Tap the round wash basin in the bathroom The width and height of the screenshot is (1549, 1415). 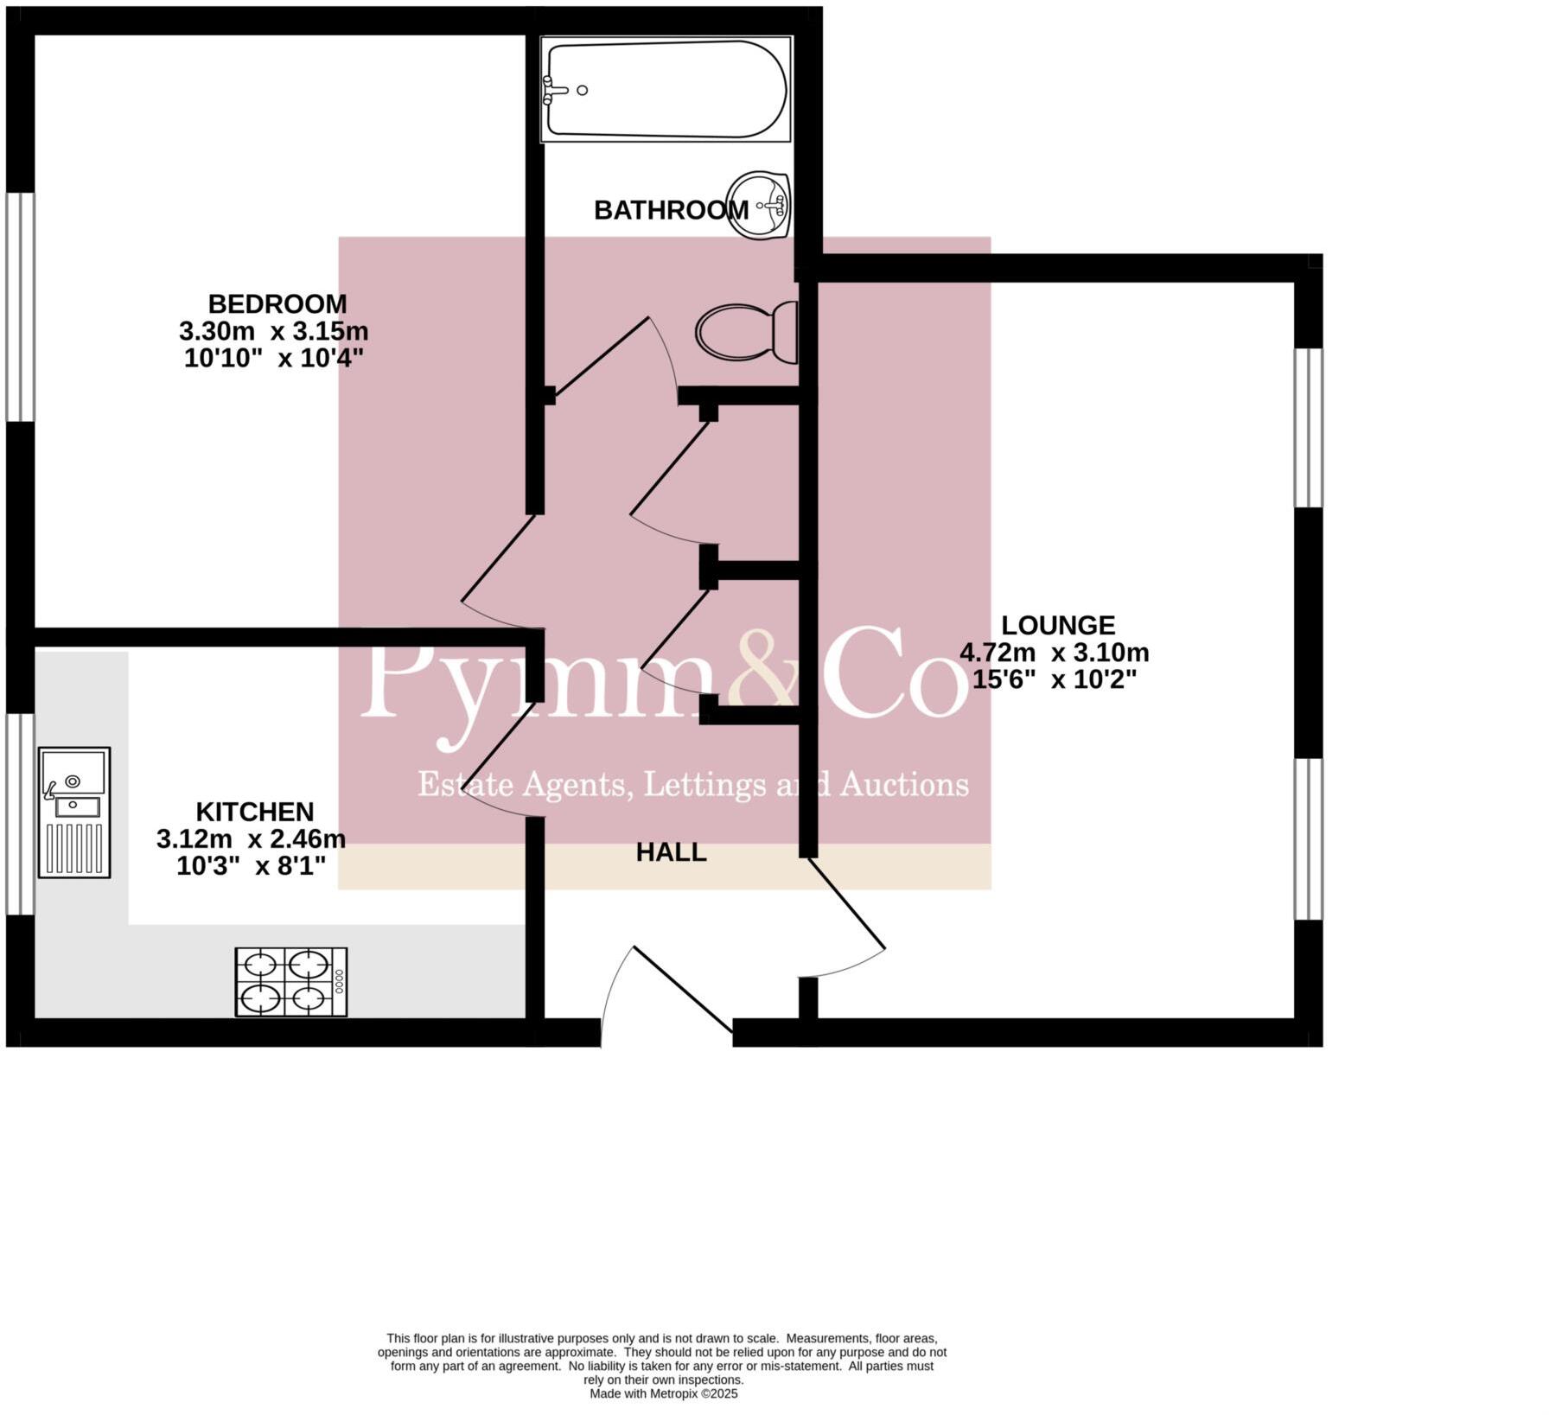click(x=760, y=205)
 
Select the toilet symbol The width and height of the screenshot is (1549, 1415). click(x=747, y=332)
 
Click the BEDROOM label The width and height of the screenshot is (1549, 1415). click(x=277, y=304)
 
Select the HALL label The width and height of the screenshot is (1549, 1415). click(x=672, y=852)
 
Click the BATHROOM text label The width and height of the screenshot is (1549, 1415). click(x=671, y=210)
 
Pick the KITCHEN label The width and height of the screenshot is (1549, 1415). click(x=255, y=812)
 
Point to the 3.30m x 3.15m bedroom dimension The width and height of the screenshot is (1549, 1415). click(x=274, y=331)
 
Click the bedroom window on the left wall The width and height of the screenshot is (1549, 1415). click(x=21, y=307)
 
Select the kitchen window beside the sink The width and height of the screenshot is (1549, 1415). click(x=21, y=813)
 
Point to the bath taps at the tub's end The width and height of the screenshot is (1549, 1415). click(x=550, y=90)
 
